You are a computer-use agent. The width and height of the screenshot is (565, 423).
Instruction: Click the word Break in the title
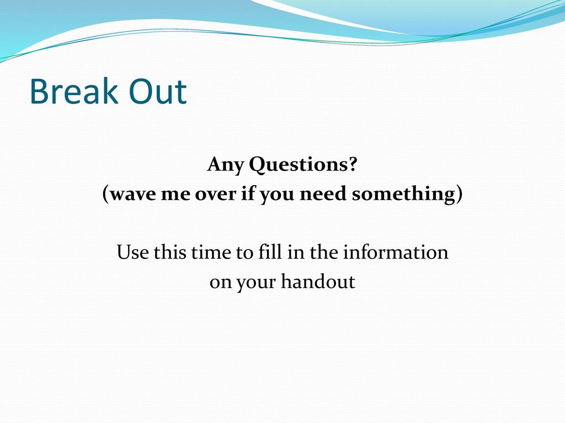click(x=74, y=91)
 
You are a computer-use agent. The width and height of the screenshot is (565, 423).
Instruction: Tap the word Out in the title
click(x=157, y=91)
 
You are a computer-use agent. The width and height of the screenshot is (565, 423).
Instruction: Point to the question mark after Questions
click(x=353, y=164)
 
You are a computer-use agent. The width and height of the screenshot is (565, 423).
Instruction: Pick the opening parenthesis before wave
click(x=105, y=194)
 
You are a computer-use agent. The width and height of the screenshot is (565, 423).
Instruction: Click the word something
click(x=403, y=194)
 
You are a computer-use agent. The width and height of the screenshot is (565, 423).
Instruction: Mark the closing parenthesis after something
click(x=460, y=194)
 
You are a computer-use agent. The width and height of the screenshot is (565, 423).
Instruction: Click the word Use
click(x=132, y=252)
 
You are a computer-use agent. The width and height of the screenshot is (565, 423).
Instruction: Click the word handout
click(x=318, y=281)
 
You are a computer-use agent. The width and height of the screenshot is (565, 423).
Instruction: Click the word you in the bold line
click(x=277, y=196)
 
